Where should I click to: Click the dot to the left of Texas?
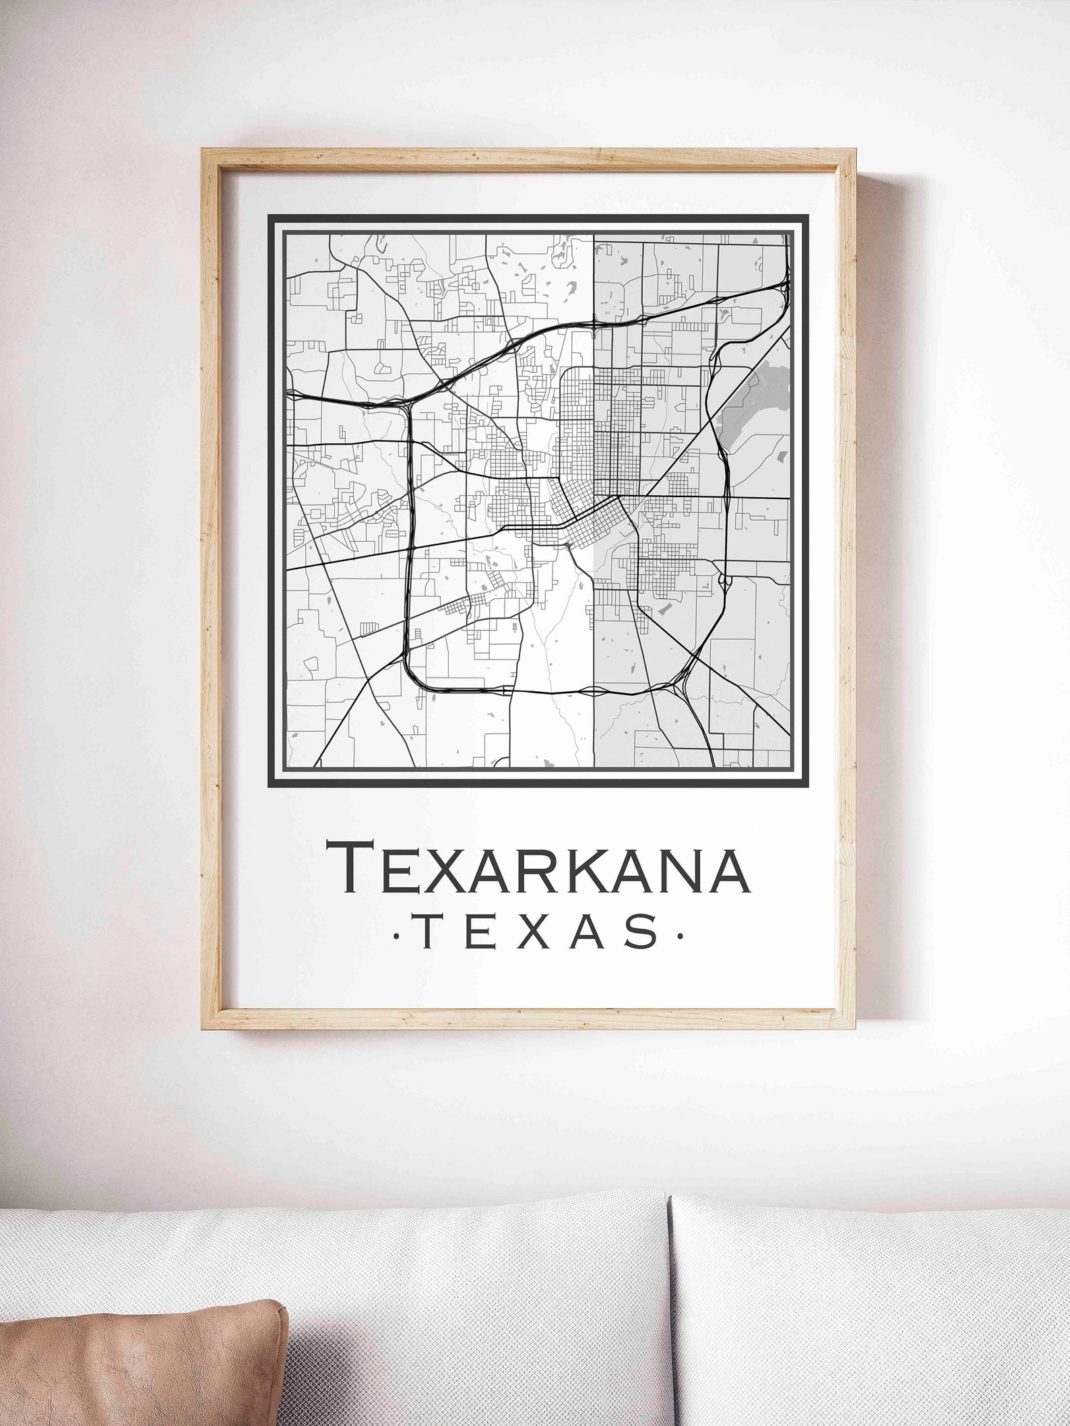click(x=395, y=936)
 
